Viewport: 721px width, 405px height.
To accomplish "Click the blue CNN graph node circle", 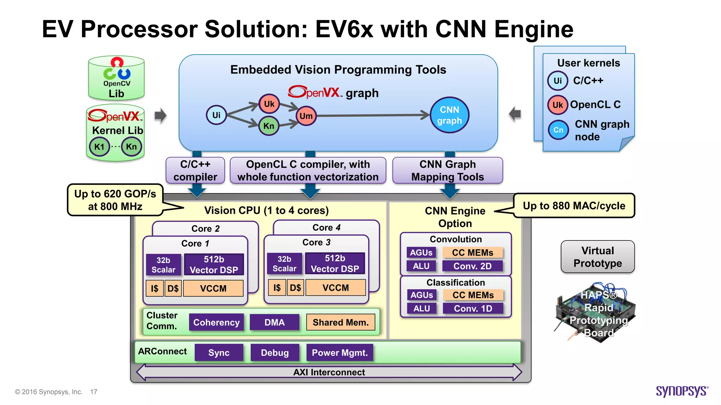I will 449,115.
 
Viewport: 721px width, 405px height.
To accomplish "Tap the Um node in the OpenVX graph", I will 306,116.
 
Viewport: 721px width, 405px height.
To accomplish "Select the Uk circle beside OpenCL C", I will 558,105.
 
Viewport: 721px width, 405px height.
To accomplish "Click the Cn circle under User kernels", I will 558,130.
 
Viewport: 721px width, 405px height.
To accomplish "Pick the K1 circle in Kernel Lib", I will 99,147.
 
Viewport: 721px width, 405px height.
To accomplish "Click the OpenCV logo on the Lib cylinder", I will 117,70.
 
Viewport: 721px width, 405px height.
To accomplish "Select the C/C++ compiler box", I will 195,171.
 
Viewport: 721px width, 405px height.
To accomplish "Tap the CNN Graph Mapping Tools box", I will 447,171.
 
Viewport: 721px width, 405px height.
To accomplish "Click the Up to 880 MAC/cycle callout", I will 574,206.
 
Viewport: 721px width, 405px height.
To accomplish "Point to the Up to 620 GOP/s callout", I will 115,200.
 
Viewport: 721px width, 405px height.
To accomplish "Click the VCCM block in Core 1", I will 213,288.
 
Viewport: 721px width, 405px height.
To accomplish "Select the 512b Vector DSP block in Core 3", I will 335,263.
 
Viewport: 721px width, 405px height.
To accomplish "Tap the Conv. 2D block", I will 472,266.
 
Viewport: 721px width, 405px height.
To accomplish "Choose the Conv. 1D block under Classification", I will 473,308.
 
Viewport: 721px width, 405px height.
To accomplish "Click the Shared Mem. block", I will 340,322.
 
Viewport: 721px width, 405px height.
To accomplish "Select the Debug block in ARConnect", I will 275,353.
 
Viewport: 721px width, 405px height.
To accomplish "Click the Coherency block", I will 216,322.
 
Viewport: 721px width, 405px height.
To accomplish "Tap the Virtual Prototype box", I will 597,257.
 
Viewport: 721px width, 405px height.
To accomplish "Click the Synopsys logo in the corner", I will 682,391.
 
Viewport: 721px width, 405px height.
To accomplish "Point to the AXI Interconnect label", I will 329,372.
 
